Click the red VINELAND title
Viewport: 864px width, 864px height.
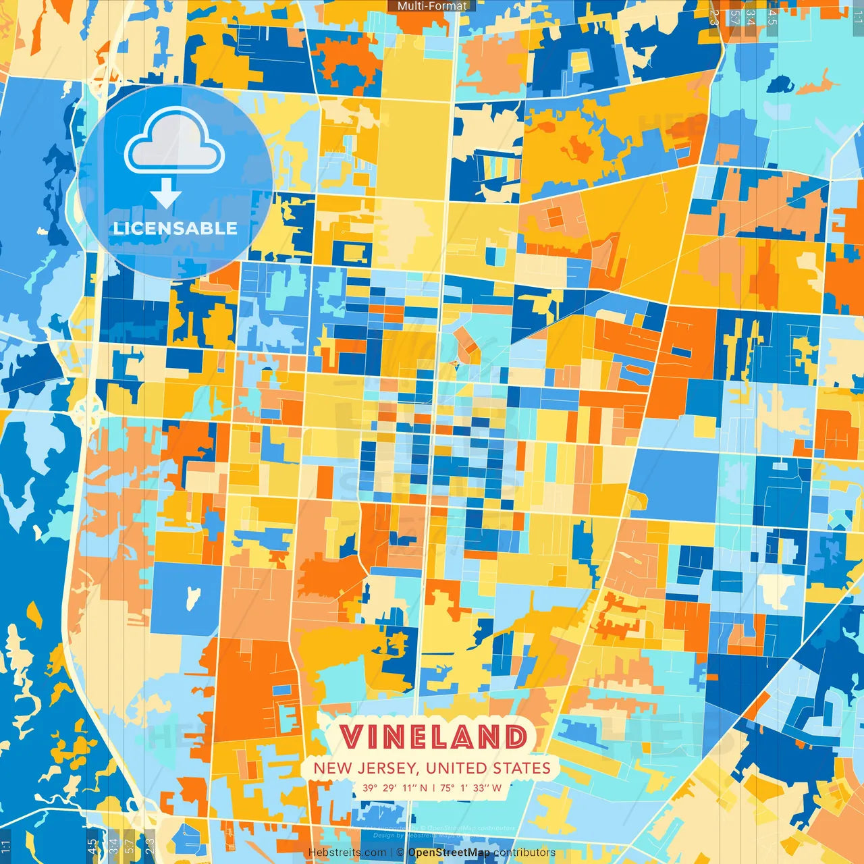click(x=433, y=736)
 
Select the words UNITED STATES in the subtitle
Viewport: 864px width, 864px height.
click(x=488, y=768)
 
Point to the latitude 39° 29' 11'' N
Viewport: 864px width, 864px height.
click(x=395, y=788)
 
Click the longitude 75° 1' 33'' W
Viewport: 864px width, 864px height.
click(x=470, y=788)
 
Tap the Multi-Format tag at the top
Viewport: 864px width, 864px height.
click(x=432, y=6)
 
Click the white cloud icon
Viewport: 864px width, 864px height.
click(x=174, y=142)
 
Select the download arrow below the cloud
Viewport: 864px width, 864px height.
click(x=166, y=194)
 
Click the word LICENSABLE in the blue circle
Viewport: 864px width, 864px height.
click(x=175, y=228)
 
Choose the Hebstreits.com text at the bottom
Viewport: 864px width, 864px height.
click(x=347, y=853)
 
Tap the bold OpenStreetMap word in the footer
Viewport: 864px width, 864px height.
click(x=449, y=853)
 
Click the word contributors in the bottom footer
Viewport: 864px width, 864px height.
click(x=524, y=853)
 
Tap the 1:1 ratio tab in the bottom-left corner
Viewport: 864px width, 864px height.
click(x=5, y=845)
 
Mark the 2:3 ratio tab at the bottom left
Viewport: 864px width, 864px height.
click(x=150, y=845)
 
